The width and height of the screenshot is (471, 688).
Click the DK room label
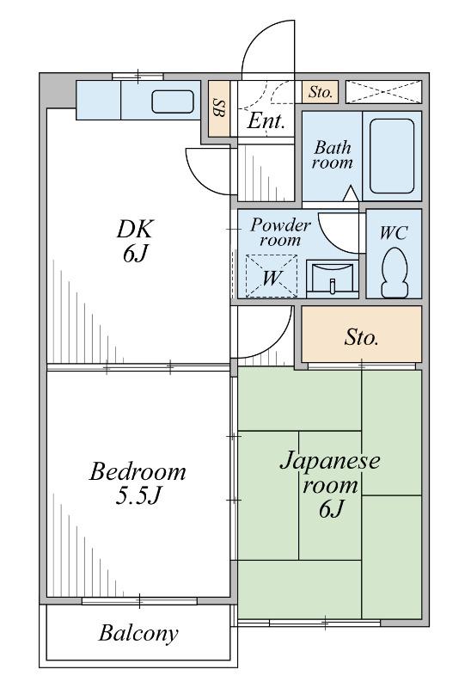pyautogui.click(x=135, y=241)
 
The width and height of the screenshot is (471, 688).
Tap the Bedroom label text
pyautogui.click(x=138, y=472)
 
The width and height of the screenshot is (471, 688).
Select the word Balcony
pyautogui.click(x=138, y=633)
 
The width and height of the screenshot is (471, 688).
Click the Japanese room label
pyautogui.click(x=330, y=485)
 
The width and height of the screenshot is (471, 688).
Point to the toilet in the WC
pyautogui.click(x=394, y=273)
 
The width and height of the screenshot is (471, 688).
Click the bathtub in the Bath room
pyautogui.click(x=392, y=157)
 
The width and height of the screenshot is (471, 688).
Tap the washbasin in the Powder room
pyautogui.click(x=332, y=279)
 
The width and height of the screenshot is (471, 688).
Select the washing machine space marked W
pyautogui.click(x=271, y=277)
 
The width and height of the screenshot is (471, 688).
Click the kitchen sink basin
pyautogui.click(x=173, y=101)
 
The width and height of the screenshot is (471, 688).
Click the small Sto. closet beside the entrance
pyautogui.click(x=320, y=92)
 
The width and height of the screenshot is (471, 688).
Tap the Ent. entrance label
pyautogui.click(x=266, y=120)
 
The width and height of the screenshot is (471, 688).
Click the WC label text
pyautogui.click(x=394, y=232)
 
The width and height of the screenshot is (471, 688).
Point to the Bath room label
pyautogui.click(x=332, y=155)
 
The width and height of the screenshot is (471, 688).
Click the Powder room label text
pyautogui.click(x=281, y=232)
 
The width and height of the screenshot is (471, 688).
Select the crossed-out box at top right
pyautogui.click(x=383, y=92)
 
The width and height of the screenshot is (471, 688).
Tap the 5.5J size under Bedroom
pyautogui.click(x=138, y=496)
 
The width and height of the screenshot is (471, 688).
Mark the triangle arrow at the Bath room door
pyautogui.click(x=350, y=194)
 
